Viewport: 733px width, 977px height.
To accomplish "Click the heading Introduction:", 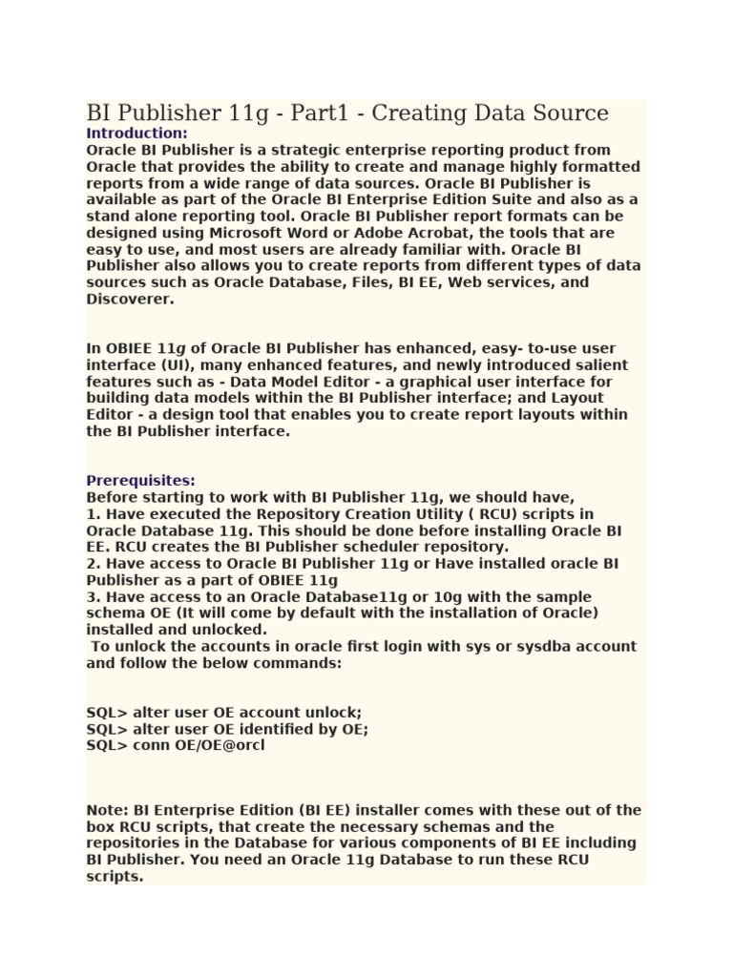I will click(x=136, y=133).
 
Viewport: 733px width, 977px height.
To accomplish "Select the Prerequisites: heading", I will click(x=140, y=480).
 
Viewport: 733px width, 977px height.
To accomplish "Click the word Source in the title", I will click(x=572, y=114).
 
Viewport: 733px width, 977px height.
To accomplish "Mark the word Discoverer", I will click(x=131, y=300).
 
